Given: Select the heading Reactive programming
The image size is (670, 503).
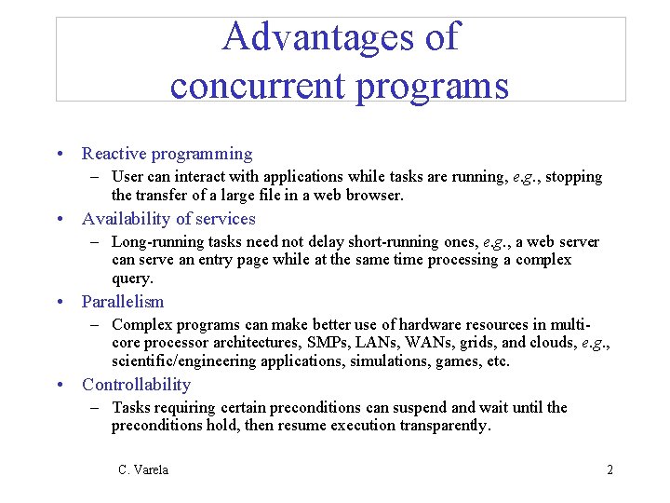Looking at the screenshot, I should tap(167, 154).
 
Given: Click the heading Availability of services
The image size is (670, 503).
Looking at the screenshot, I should tap(168, 219).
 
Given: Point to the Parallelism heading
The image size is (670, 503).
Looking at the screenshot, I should tap(123, 302).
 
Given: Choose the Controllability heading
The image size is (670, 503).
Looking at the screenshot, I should tap(136, 385).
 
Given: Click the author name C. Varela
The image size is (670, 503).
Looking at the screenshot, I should tap(143, 469).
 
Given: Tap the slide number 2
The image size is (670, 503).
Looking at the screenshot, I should tap(610, 469).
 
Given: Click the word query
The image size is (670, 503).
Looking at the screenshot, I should tap(131, 279).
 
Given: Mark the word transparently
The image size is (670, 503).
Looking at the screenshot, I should tap(444, 426).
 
